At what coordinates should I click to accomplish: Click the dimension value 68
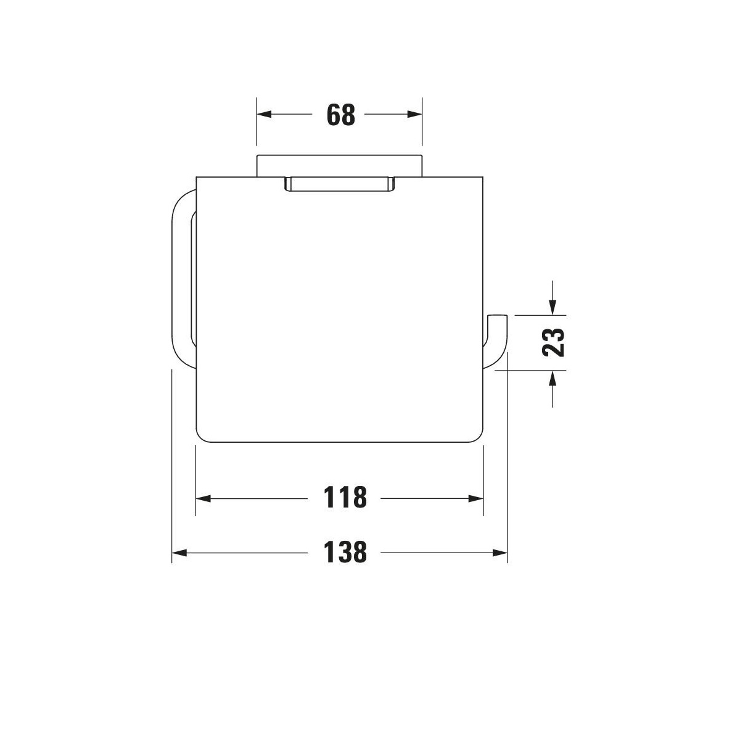[340, 115]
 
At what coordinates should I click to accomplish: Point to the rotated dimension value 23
[553, 342]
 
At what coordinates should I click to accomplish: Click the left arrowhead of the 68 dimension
[264, 114]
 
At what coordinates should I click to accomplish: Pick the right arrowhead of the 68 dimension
[414, 114]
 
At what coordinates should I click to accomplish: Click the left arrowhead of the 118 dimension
[203, 499]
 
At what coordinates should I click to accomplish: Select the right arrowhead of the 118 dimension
[475, 499]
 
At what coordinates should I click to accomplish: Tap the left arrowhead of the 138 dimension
[179, 553]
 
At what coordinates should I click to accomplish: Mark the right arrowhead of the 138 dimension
[499, 553]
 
